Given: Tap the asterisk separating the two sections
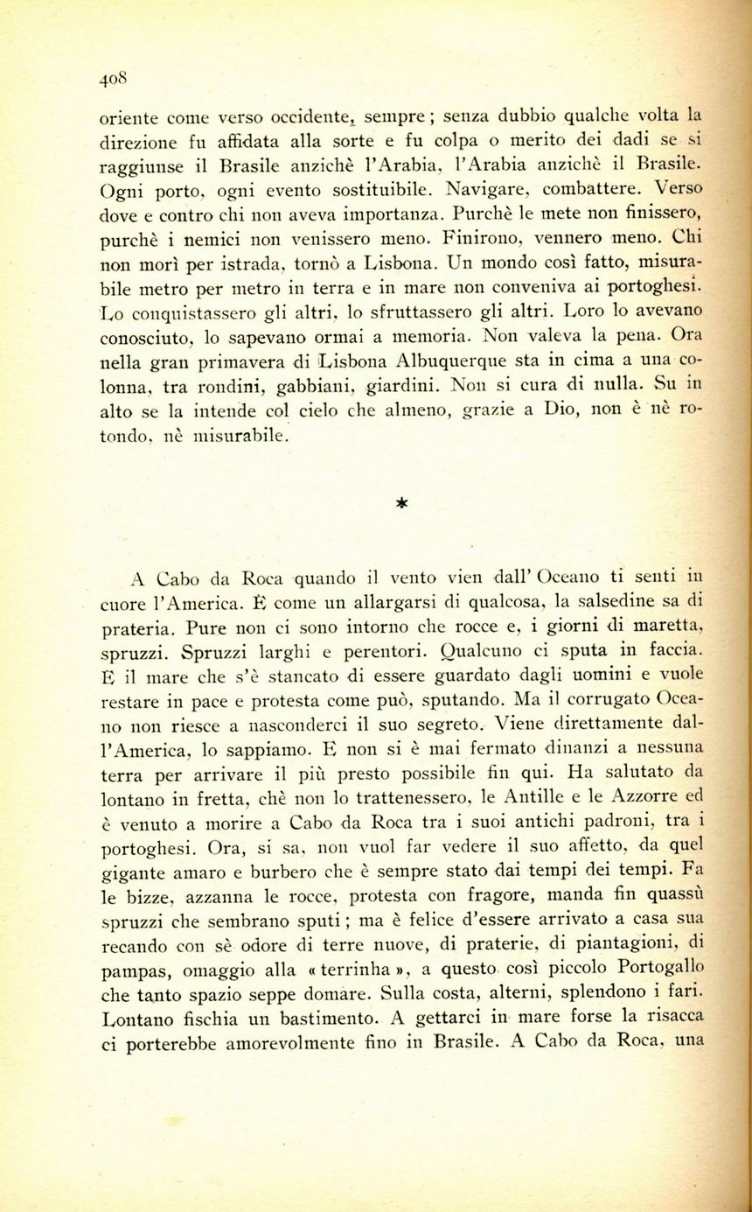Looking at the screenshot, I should (x=401, y=503).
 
